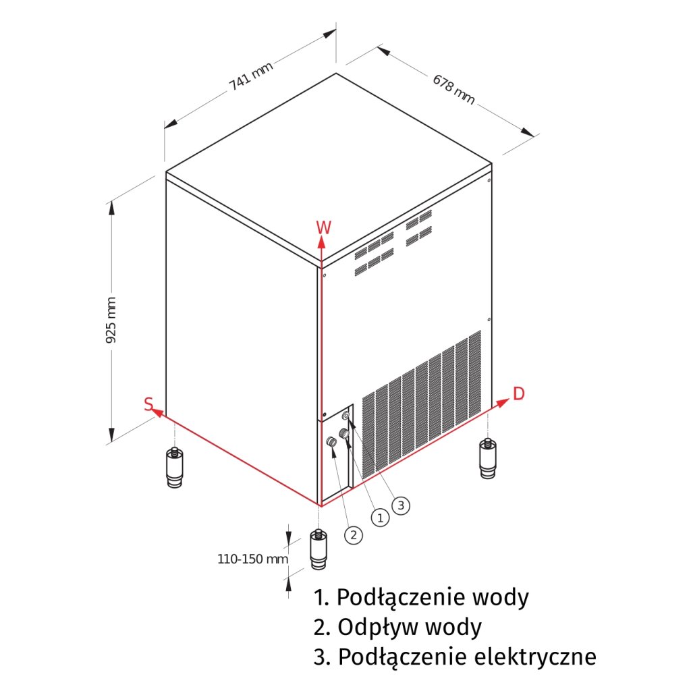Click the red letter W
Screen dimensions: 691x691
[323, 227]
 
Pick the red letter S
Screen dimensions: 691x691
[148, 404]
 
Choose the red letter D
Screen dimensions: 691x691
[518, 393]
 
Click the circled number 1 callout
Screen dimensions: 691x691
[381, 518]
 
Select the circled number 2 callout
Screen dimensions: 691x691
[353, 535]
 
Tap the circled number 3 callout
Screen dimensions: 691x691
[402, 504]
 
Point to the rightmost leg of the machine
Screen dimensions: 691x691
[487, 458]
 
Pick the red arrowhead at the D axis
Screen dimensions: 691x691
[503, 402]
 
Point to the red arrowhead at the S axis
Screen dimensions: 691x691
[157, 410]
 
